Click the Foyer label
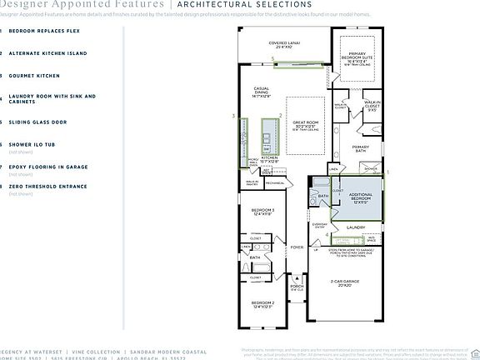pos(297,247)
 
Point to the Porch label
pos(297,287)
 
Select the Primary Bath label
pos(360,147)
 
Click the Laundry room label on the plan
pos(357,227)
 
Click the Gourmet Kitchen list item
pos(37,75)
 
